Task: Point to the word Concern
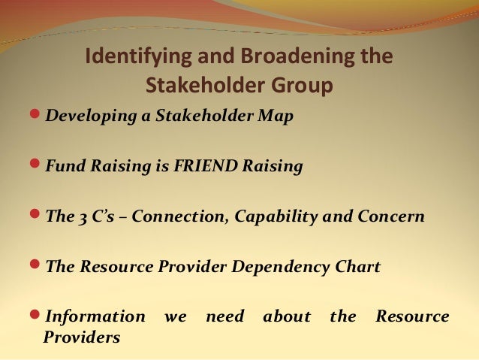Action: point(391,216)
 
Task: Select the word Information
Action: point(95,316)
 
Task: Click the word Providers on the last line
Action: point(81,337)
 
